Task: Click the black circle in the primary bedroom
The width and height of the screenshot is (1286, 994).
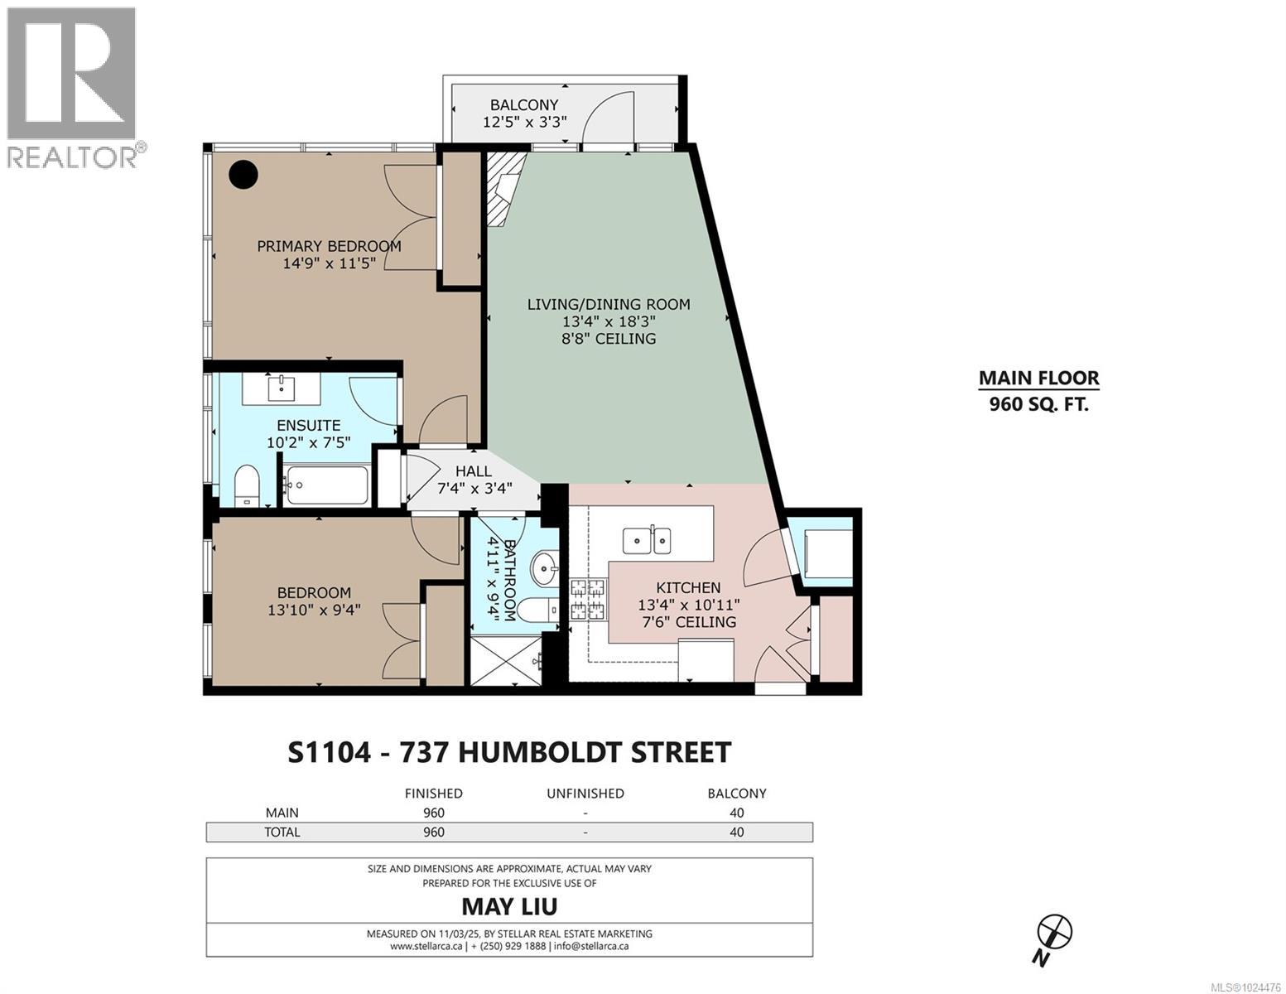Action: click(x=243, y=174)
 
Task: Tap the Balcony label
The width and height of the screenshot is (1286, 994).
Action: click(x=524, y=113)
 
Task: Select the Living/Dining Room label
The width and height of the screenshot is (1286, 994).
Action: click(x=609, y=321)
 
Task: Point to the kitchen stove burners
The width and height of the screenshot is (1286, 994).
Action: click(x=588, y=601)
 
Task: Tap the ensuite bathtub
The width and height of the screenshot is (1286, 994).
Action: click(x=326, y=486)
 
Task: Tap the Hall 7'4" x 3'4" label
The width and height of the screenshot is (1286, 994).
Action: click(x=474, y=480)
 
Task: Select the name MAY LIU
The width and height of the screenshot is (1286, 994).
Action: click(x=509, y=905)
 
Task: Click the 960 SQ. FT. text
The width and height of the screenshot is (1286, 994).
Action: click(x=1038, y=405)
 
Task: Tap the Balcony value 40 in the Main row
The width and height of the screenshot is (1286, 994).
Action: click(x=736, y=813)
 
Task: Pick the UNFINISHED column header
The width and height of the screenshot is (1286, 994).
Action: click(x=585, y=793)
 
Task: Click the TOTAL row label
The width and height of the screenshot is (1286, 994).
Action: click(x=282, y=832)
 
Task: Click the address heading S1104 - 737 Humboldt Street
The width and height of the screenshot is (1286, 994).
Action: click(x=509, y=752)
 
